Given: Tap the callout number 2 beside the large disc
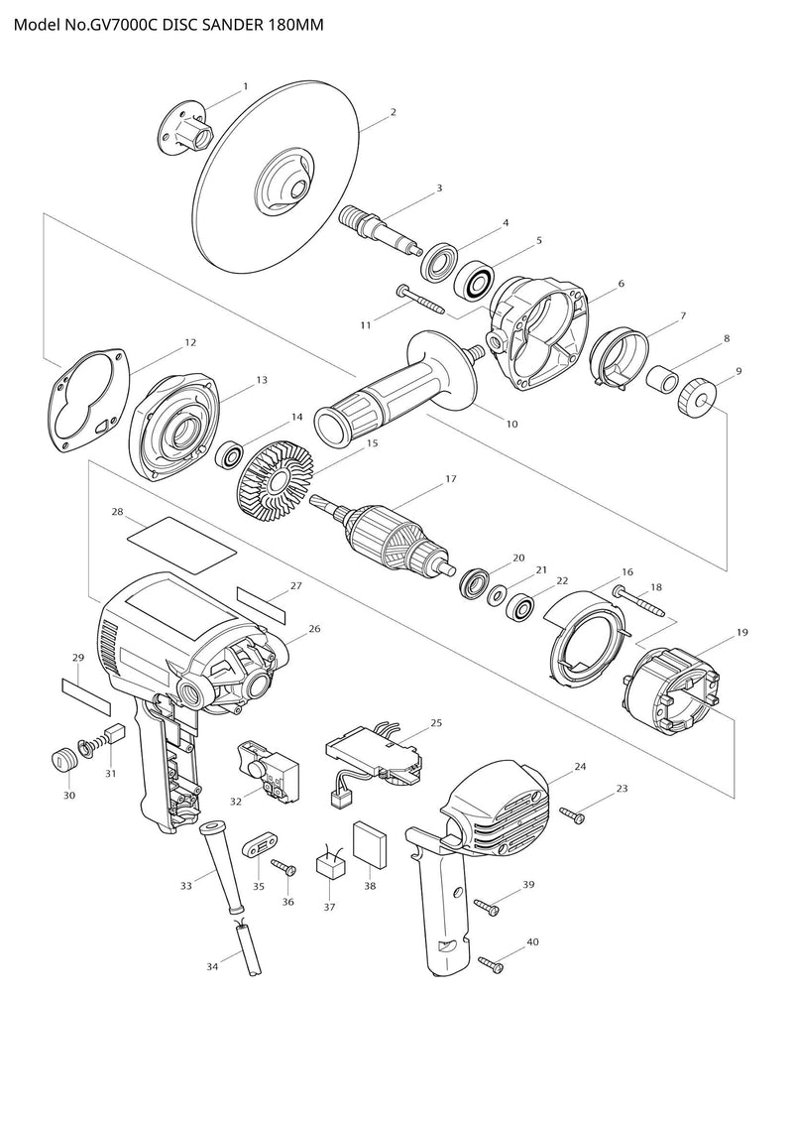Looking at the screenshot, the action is pyautogui.click(x=394, y=112).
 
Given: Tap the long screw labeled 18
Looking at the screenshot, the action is pyautogui.click(x=640, y=602).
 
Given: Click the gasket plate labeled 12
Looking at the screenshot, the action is pyautogui.click(x=90, y=403).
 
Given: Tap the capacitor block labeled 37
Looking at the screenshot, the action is pyautogui.click(x=330, y=865).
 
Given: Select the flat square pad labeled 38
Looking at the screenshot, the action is pyautogui.click(x=372, y=844).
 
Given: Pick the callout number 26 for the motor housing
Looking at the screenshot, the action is pyautogui.click(x=314, y=629).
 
